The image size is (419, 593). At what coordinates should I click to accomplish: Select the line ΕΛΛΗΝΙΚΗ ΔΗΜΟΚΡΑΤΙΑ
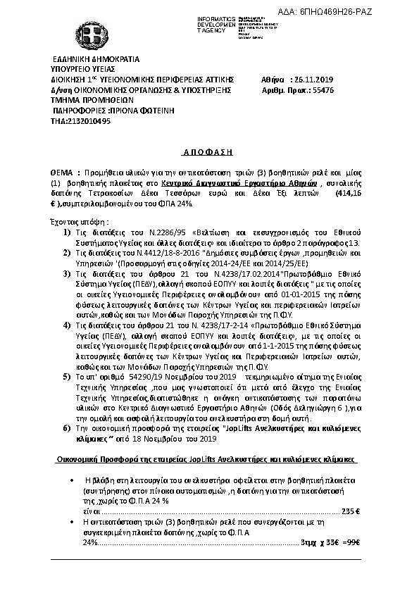click(97, 59)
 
